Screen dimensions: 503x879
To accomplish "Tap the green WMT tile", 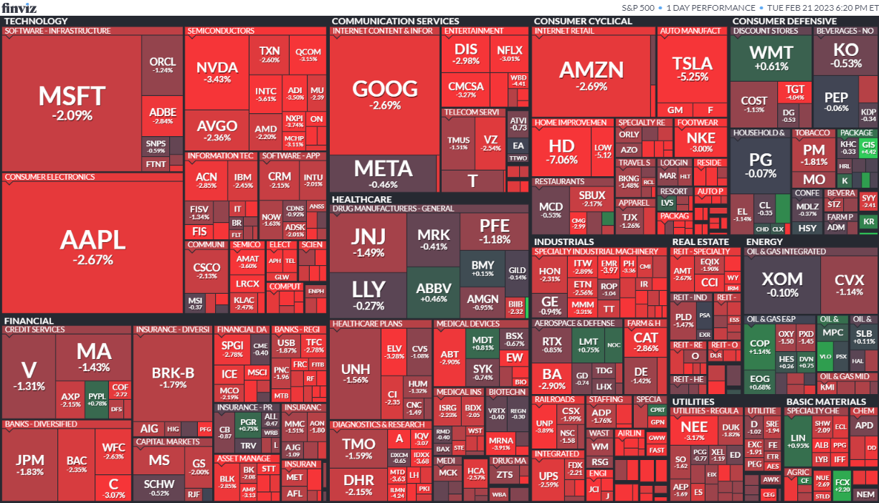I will click(x=771, y=57).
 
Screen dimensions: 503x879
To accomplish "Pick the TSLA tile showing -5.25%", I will click(x=693, y=68).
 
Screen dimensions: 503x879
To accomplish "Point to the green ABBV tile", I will click(x=434, y=292).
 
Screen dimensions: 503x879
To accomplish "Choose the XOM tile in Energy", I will click(x=781, y=283).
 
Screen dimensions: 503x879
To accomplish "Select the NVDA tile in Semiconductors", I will click(x=217, y=72).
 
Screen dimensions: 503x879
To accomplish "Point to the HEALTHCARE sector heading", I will click(x=361, y=199).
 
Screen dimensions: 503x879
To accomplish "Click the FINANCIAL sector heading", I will click(x=29, y=320).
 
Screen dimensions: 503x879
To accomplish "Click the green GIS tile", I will click(x=868, y=147).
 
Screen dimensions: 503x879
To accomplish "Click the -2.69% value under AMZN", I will click(x=591, y=86).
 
